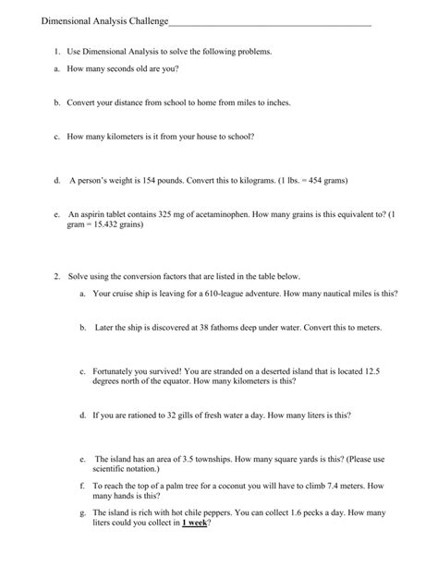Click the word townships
[228, 459]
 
